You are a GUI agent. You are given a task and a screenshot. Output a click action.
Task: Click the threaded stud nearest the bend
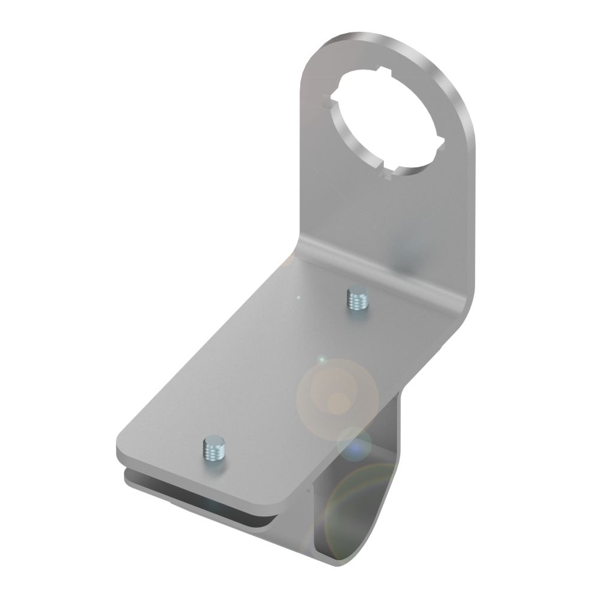point(358,298)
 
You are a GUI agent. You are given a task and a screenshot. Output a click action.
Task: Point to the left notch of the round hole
point(328,99)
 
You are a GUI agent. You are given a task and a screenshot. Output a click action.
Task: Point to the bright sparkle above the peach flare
point(322,360)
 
